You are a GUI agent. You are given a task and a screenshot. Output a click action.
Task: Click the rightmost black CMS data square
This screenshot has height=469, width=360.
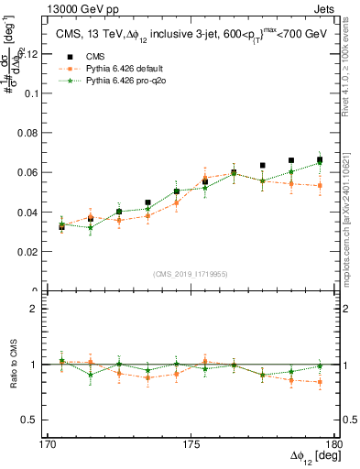(320, 160)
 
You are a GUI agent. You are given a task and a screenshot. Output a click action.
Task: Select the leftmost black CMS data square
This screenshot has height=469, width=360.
(62, 225)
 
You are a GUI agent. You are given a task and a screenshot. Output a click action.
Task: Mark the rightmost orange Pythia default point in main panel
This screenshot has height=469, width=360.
(320, 186)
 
